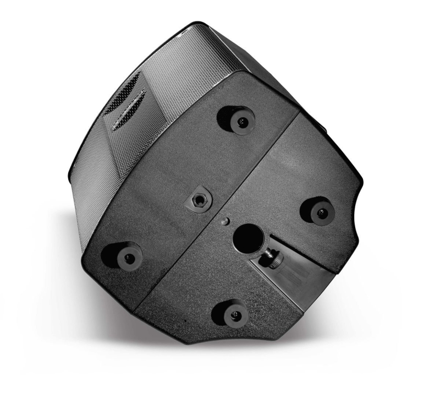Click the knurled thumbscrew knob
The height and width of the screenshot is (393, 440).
[272, 255]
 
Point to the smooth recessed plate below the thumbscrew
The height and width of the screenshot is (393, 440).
[297, 278]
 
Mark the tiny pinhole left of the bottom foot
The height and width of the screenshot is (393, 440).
[185, 321]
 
